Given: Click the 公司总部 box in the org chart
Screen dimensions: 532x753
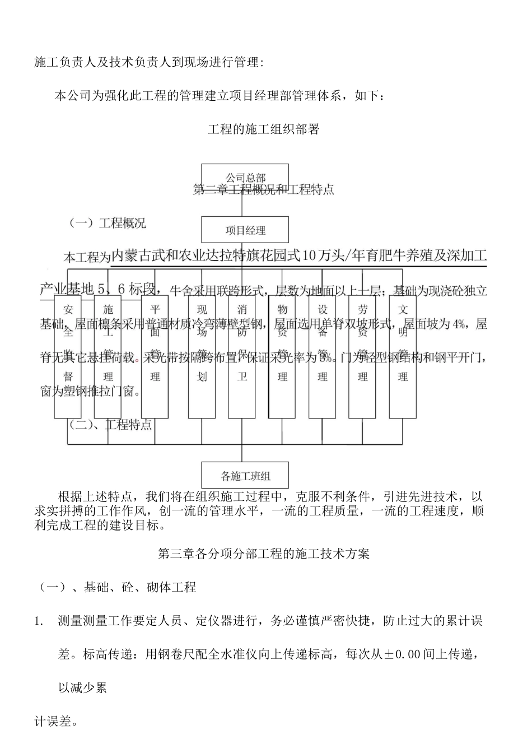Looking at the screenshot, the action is pyautogui.click(x=245, y=175).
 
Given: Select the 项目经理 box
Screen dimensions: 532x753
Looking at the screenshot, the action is pyautogui.click(x=245, y=230).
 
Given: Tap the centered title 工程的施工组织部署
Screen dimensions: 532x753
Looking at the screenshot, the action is pyautogui.click(x=264, y=129).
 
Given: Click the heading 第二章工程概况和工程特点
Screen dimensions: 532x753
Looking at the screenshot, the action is pyautogui.click(x=264, y=190).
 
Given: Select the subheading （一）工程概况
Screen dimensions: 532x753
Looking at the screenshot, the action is pyautogui.click(x=107, y=224).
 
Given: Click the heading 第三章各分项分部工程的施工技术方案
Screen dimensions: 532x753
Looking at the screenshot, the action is pyautogui.click(x=264, y=554).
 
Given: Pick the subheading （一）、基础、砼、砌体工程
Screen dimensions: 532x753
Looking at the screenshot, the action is pyautogui.click(x=117, y=588).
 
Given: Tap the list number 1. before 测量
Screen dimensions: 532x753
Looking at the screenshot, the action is pyautogui.click(x=39, y=621).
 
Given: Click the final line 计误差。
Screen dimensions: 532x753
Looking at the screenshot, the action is pyautogui.click(x=56, y=722).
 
